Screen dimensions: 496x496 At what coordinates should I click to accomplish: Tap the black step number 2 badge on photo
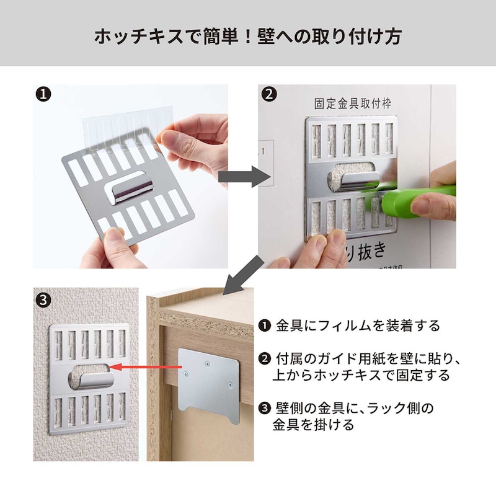pos(268,95)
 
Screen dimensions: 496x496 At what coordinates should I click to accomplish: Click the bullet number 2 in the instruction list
pos(265,360)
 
